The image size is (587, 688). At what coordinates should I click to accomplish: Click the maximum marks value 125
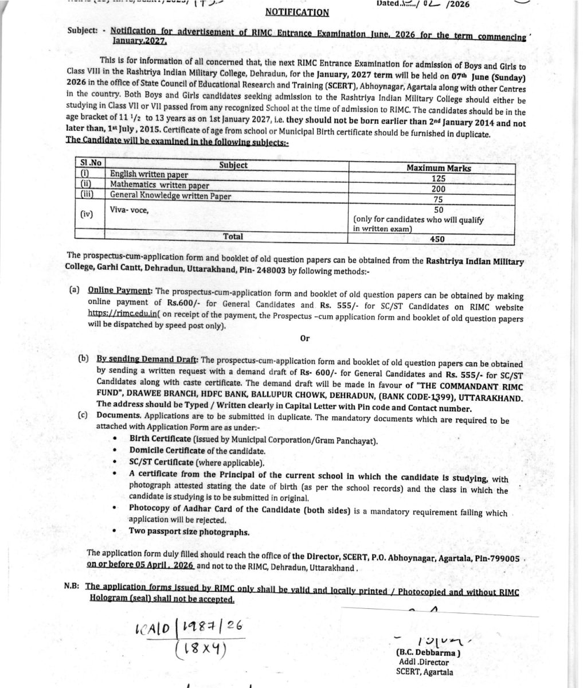(x=439, y=178)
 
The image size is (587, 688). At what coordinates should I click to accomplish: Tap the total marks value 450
(x=438, y=239)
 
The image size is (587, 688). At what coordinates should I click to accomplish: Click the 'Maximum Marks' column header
(x=439, y=168)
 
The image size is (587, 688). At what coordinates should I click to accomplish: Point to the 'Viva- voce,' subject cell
(x=129, y=210)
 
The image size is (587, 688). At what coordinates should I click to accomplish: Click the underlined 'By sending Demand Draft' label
(x=147, y=359)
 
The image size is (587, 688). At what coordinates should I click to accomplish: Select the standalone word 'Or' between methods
(x=304, y=338)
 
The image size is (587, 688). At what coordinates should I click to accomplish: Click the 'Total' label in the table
(x=233, y=236)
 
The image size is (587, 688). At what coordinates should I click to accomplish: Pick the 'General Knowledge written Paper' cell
(x=171, y=196)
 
